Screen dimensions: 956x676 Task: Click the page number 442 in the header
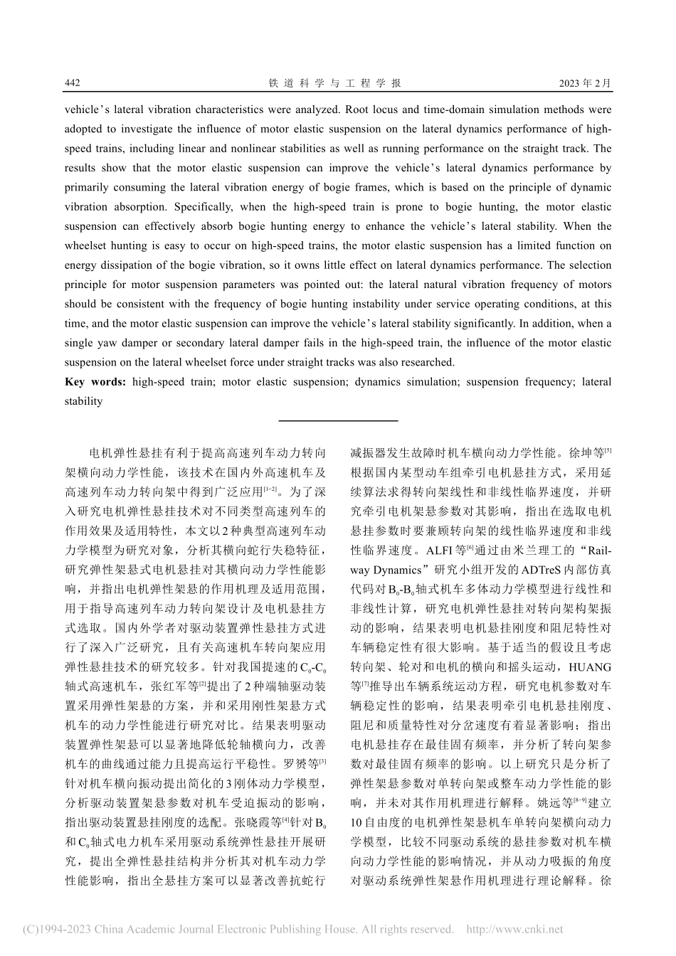click(x=73, y=83)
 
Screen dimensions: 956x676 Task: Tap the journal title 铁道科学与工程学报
click(x=335, y=83)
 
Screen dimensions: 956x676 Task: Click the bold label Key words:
click(x=95, y=382)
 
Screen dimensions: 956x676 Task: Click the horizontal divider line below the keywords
click(x=338, y=420)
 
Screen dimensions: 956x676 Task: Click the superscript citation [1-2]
click(x=270, y=489)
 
